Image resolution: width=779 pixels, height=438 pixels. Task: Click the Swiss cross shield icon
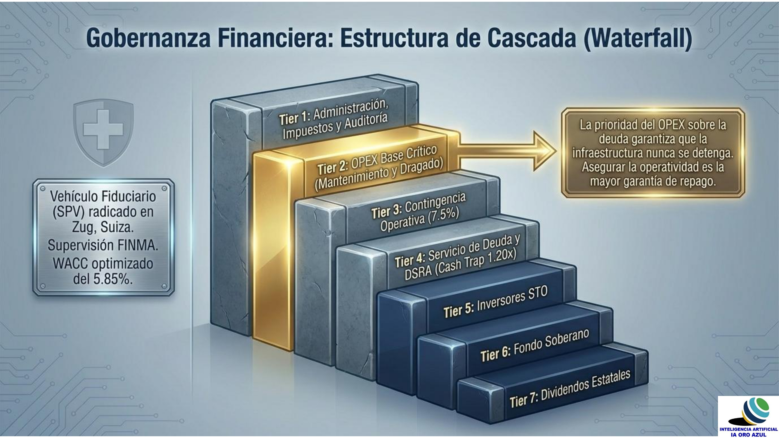coord(103,133)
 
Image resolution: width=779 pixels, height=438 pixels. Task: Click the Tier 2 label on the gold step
coord(333,167)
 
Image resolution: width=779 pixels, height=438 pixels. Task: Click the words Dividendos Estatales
coord(585,384)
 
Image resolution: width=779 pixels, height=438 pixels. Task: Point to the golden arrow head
coord(544,151)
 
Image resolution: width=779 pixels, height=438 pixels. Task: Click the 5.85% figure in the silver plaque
coord(113,279)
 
